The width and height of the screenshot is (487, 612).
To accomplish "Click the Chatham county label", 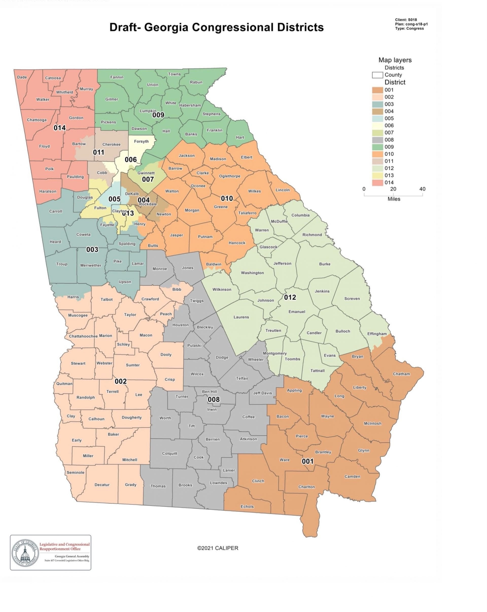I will click(401, 374).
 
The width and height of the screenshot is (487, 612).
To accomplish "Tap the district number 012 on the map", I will click(290, 297).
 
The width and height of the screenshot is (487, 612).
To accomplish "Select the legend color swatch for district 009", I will click(377, 147).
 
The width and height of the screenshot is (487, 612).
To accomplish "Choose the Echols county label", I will click(247, 506).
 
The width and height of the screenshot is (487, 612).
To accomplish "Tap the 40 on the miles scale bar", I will click(422, 189).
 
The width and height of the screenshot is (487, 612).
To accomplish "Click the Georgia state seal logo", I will click(25, 553).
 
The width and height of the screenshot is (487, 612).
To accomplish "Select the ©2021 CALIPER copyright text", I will click(218, 548).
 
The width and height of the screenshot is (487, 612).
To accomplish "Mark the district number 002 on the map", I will click(120, 381).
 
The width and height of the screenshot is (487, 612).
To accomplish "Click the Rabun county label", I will click(196, 82).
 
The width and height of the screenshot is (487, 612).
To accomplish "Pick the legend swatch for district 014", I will click(377, 183).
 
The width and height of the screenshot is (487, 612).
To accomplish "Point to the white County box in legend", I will click(377, 75).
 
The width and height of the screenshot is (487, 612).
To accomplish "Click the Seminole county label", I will click(75, 472).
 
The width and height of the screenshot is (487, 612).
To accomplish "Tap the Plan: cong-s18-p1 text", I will click(411, 24).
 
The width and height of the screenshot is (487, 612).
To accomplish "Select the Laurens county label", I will click(241, 317).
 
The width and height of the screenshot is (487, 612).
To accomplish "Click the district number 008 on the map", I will click(214, 399).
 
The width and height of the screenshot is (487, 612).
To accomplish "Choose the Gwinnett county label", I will click(146, 173).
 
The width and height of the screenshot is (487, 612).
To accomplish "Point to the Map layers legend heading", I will click(395, 60).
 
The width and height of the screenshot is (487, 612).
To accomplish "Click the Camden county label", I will click(352, 476).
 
